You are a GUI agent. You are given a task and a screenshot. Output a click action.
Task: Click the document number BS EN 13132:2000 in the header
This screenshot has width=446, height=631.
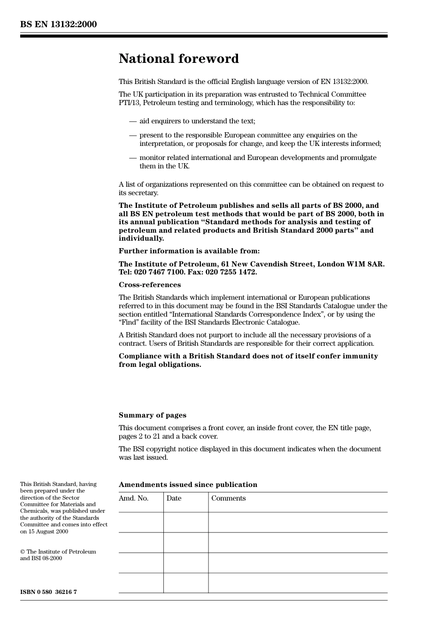(x=58, y=24)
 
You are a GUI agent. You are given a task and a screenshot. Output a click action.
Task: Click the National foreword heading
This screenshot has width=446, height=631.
(x=178, y=59)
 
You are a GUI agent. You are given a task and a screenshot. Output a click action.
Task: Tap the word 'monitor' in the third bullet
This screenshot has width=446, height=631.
(x=152, y=158)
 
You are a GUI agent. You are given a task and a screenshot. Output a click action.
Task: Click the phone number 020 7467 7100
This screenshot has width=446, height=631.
(x=159, y=272)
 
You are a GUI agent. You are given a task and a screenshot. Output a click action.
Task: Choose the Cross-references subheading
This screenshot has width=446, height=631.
(x=149, y=285)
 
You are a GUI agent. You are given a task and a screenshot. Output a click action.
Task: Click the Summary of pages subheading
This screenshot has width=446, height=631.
(x=152, y=415)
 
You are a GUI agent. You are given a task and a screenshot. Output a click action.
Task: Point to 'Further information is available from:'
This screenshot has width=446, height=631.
(x=189, y=251)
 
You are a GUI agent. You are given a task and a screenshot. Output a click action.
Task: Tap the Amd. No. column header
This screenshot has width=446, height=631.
(x=133, y=498)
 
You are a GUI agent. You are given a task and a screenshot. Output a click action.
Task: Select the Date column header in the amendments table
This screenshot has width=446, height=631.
(x=174, y=498)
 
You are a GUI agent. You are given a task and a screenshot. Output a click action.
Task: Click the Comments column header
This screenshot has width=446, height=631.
(x=228, y=498)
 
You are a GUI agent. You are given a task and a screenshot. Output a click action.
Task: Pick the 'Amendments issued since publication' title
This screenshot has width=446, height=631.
(x=188, y=485)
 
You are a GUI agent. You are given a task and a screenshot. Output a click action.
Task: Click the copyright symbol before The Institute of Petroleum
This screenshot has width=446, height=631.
(x=23, y=552)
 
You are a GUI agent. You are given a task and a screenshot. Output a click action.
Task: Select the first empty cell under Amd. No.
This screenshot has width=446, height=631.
(x=141, y=522)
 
